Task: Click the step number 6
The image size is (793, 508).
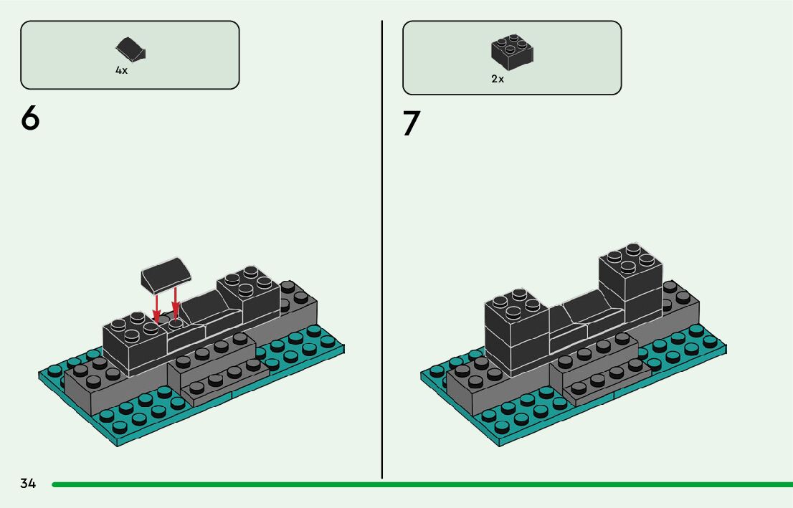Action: pyautogui.click(x=30, y=118)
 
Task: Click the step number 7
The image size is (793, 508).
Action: pyautogui.click(x=411, y=123)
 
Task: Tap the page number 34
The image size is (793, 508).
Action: pyautogui.click(x=28, y=484)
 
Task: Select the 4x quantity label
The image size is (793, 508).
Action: pyautogui.click(x=121, y=70)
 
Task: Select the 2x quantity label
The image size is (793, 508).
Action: pyautogui.click(x=498, y=79)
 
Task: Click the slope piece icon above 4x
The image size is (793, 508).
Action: pyautogui.click(x=131, y=48)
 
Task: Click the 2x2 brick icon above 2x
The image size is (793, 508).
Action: pyautogui.click(x=512, y=52)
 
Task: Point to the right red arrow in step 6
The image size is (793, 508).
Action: pyautogui.click(x=175, y=303)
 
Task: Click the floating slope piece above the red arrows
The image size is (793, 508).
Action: pyautogui.click(x=166, y=274)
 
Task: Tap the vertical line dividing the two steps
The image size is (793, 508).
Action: pyautogui.click(x=382, y=249)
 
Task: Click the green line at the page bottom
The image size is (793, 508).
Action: pyautogui.click(x=422, y=485)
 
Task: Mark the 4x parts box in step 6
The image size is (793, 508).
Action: pyautogui.click(x=130, y=55)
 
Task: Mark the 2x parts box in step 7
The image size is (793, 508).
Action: pyautogui.click(x=512, y=57)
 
